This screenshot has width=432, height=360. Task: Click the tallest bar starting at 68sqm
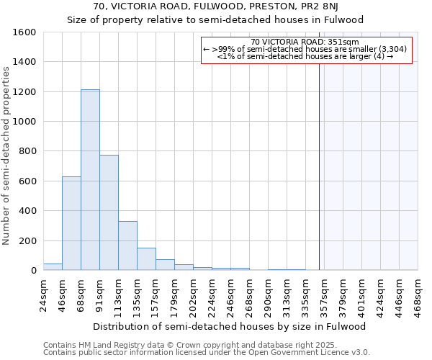[90, 180]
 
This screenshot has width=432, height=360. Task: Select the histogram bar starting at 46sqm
[71, 223]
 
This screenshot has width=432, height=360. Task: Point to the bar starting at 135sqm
[146, 259]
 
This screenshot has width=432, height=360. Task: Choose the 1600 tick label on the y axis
[25, 32]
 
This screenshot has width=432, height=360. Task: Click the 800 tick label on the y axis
[28, 151]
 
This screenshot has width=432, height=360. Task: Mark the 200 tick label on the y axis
[28, 240]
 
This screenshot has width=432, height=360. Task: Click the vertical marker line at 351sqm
[319, 166]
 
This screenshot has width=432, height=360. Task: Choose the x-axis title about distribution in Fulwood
[230, 326]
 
